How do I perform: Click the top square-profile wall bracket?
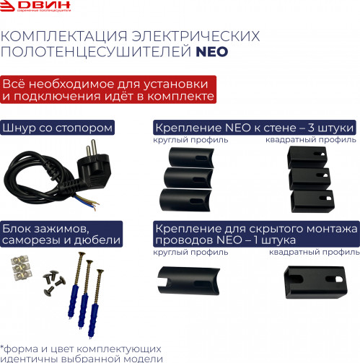click(307, 154)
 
